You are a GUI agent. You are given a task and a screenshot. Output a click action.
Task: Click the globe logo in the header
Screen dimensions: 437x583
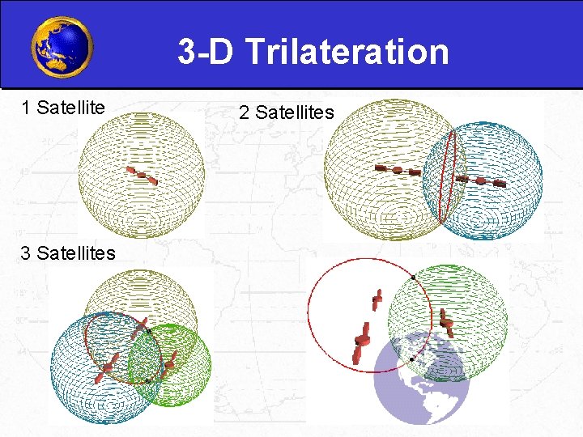[x=62, y=47]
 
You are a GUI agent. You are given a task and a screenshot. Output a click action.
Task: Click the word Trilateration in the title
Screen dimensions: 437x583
[x=347, y=52]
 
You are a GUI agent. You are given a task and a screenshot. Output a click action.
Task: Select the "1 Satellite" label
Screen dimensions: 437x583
[x=66, y=107]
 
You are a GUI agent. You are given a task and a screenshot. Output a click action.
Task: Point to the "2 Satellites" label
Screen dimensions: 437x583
[x=286, y=112]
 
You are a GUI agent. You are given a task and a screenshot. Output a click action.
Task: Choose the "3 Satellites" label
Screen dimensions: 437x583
[x=68, y=252]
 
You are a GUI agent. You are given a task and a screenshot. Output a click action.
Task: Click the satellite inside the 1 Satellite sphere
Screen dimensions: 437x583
[x=143, y=175]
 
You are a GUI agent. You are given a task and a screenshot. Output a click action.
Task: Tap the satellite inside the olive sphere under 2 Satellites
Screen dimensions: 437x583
[x=398, y=170]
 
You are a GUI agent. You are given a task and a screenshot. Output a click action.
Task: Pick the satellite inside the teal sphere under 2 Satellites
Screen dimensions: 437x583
[x=481, y=180]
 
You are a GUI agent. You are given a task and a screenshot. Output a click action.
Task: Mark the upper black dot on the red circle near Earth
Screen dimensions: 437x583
[x=413, y=278]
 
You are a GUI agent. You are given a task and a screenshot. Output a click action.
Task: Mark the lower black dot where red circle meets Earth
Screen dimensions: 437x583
[x=412, y=358]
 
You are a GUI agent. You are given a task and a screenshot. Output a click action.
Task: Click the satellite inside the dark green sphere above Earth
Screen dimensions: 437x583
[x=445, y=322]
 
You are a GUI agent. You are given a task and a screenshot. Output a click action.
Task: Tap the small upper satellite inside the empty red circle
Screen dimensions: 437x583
[x=377, y=300]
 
